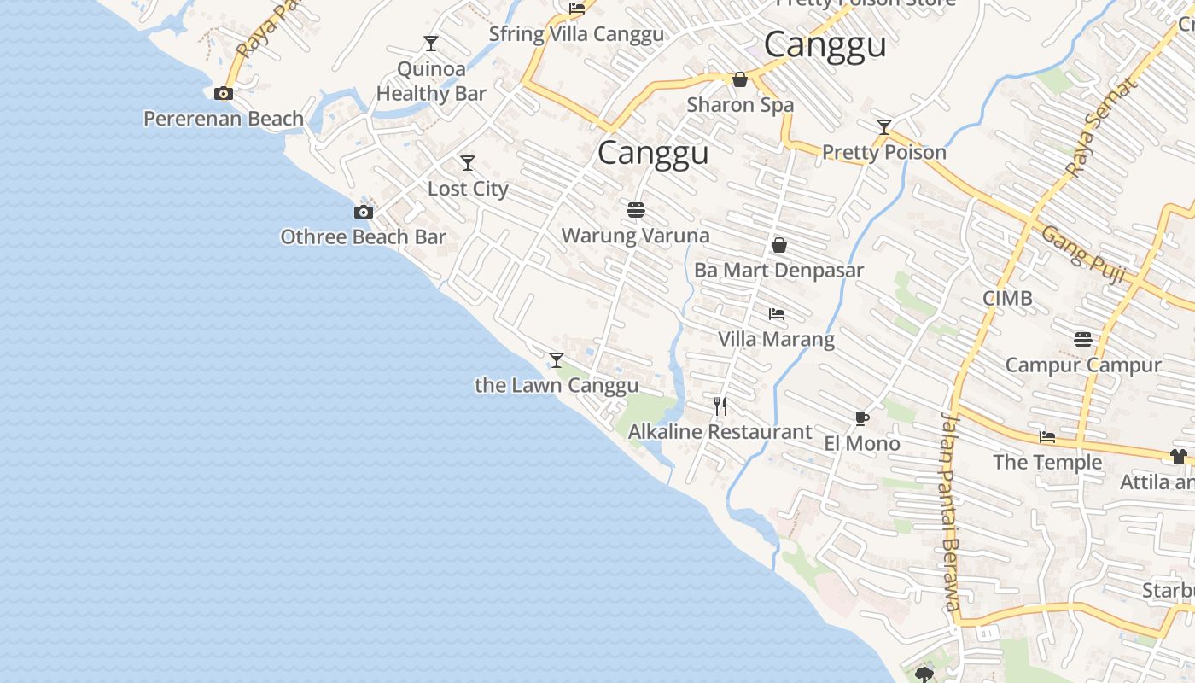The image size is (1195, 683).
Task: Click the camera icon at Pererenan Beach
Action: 224,94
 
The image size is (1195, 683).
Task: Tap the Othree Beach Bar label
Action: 363,236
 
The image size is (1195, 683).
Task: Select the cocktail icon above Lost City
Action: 468,163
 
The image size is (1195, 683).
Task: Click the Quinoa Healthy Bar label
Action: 431,81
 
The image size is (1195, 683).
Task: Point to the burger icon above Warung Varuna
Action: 635,209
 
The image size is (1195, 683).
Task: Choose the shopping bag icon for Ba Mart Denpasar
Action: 778,246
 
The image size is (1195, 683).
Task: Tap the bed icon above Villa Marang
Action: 776,314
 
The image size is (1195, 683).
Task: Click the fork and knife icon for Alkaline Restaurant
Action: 720,406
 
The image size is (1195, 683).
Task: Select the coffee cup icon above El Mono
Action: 861,418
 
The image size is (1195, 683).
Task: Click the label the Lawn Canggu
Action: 557,385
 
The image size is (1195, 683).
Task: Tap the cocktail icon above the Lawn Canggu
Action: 557,360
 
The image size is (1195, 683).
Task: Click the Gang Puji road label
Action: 1083,250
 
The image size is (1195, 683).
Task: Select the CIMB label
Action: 1007,298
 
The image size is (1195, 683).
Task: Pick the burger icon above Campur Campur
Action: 1083,340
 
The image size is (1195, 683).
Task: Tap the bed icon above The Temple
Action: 1047,437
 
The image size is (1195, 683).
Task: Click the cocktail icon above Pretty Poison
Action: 884,128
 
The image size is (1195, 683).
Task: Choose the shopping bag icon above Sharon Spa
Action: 740,79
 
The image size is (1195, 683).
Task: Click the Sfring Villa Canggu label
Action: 576,34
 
